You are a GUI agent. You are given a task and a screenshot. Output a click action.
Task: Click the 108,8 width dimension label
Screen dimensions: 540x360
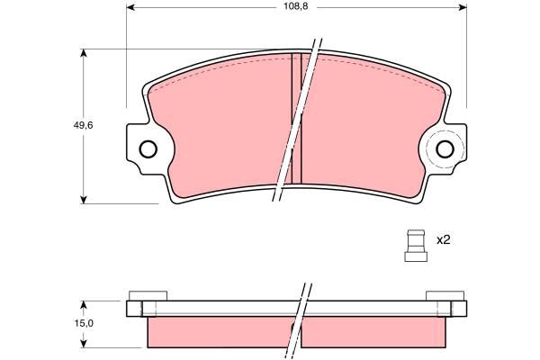295,6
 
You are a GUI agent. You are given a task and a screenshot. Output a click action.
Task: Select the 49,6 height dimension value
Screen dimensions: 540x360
83,125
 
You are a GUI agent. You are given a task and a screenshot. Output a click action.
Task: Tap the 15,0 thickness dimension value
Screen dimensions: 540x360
84,323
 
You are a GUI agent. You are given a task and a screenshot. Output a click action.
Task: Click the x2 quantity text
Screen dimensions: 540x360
443,240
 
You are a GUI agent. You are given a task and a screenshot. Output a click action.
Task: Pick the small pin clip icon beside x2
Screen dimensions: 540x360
416,246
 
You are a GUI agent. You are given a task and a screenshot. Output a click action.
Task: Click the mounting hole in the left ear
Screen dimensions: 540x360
148,149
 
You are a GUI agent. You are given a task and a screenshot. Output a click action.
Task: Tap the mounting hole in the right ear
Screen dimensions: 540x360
445,149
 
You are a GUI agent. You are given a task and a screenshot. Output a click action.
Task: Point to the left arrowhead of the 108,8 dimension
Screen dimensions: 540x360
130,7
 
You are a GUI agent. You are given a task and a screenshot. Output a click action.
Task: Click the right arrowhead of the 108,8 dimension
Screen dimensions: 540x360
463,7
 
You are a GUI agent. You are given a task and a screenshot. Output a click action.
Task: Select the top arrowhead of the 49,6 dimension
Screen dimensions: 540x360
83,53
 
